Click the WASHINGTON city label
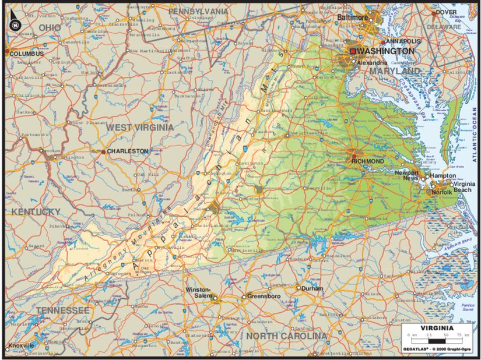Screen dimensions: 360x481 pyautogui.click(x=387, y=51)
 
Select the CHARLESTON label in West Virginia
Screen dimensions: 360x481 pyautogui.click(x=127, y=151)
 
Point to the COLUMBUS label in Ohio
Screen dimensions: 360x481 pyautogui.click(x=27, y=54)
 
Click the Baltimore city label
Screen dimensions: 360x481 pyautogui.click(x=353, y=17)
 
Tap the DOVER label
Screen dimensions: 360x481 pyautogui.click(x=446, y=12)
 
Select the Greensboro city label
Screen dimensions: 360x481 pyautogui.click(x=266, y=297)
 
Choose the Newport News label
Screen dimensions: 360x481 pyautogui.click(x=407, y=175)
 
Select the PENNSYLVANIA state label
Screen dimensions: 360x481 pyautogui.click(x=198, y=11)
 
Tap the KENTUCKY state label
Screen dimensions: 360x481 pyautogui.click(x=36, y=211)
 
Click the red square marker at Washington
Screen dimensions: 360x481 pyautogui.click(x=353, y=51)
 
